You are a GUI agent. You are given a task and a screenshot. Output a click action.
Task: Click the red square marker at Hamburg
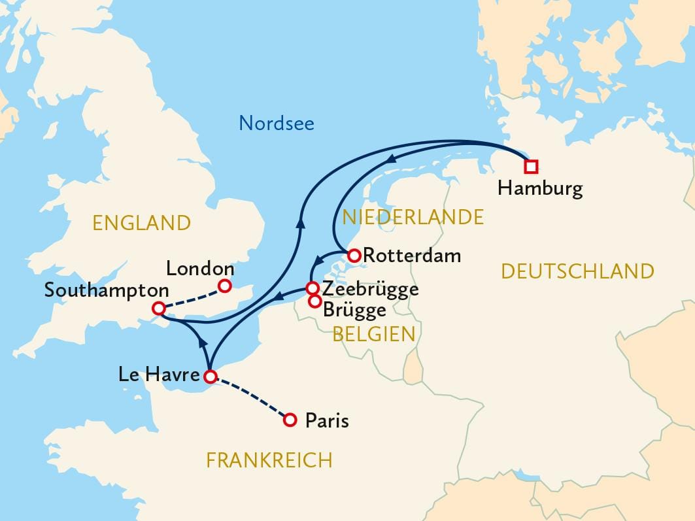pyautogui.click(x=531, y=167)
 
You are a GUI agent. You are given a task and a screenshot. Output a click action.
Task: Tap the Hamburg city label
pyautogui.click(x=539, y=190)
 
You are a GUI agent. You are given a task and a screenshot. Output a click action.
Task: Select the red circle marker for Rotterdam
pyautogui.click(x=354, y=256)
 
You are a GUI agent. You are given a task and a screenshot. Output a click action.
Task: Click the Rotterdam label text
pyautogui.click(x=412, y=256)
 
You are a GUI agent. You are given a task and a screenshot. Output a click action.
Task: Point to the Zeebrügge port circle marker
pyautogui.click(x=313, y=288)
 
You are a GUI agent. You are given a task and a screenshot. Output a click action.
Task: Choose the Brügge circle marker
pyautogui.click(x=315, y=301)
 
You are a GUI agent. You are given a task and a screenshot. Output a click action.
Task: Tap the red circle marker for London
pyautogui.click(x=224, y=286)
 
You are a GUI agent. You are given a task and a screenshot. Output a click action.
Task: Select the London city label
pyautogui.click(x=200, y=268)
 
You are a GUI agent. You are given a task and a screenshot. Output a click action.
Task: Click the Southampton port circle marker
pyautogui.click(x=158, y=309)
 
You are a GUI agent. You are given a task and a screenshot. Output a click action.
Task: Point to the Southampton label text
pyautogui.click(x=107, y=290)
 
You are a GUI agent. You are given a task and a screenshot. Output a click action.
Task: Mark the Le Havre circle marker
pyautogui.click(x=210, y=377)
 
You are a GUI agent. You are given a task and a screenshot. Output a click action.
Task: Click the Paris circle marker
pyautogui.click(x=290, y=420)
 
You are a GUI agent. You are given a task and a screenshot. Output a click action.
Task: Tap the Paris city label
pyautogui.click(x=327, y=420)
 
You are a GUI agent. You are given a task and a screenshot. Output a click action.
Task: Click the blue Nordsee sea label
pyautogui.click(x=277, y=123)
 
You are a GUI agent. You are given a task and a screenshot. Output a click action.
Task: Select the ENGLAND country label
pyautogui.click(x=141, y=223)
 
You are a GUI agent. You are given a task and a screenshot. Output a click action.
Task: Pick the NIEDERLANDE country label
pyautogui.click(x=413, y=217)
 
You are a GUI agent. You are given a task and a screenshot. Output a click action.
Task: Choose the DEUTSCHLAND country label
pyautogui.click(x=577, y=271)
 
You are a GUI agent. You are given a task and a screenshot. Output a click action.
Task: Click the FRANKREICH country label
pyautogui.click(x=269, y=460)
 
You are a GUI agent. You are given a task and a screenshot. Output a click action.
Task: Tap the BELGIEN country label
pyautogui.click(x=374, y=334)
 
